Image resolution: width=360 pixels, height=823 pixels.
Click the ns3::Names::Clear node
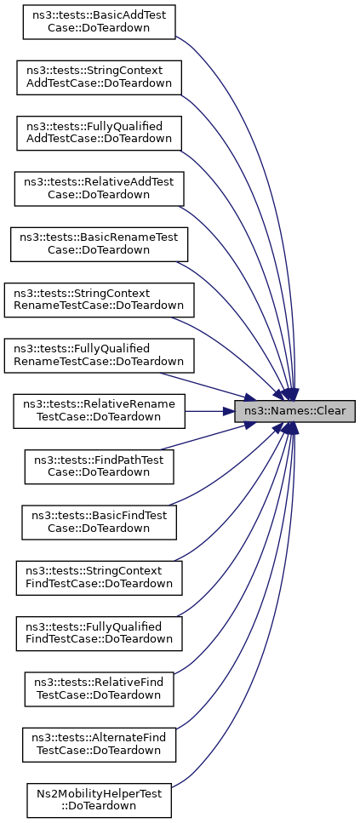[294, 411]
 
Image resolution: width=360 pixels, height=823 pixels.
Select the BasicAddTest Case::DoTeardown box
[99, 22]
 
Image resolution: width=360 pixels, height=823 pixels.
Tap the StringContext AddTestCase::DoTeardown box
[99, 77]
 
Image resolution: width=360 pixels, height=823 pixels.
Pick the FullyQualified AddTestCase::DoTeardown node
[99, 134]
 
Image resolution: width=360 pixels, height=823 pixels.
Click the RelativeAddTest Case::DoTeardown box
[99, 189]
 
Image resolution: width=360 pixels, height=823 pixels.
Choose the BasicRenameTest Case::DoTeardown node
[99, 244]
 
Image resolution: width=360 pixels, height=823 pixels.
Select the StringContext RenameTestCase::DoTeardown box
[99, 300]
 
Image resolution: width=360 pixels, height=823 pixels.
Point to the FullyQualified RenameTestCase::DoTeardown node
[99, 356]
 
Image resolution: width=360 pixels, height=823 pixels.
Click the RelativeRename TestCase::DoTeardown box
[99, 412]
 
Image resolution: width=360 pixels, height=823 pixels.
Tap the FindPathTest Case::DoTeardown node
[99, 467]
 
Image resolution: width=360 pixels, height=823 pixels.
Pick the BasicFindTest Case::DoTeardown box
[99, 523]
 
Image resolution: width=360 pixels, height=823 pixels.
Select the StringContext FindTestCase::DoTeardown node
[99, 579]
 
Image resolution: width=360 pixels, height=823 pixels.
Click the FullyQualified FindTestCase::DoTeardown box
[99, 634]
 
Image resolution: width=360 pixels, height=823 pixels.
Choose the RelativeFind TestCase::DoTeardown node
[99, 689]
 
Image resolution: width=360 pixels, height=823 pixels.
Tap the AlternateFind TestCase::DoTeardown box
[99, 746]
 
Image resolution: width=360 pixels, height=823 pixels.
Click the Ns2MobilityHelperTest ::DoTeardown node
[99, 801]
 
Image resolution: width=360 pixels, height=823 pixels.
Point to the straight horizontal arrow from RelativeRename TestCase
[209, 412]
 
